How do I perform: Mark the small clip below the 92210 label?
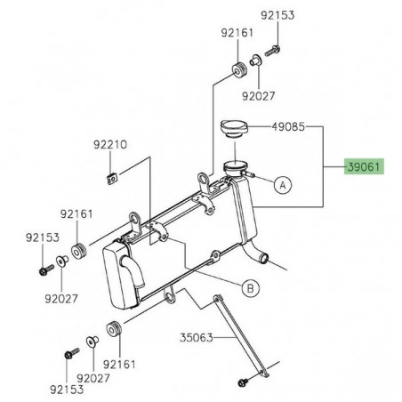tap(112, 176)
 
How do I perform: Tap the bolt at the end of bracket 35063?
tap(242, 383)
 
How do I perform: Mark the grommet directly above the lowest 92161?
tap(114, 327)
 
